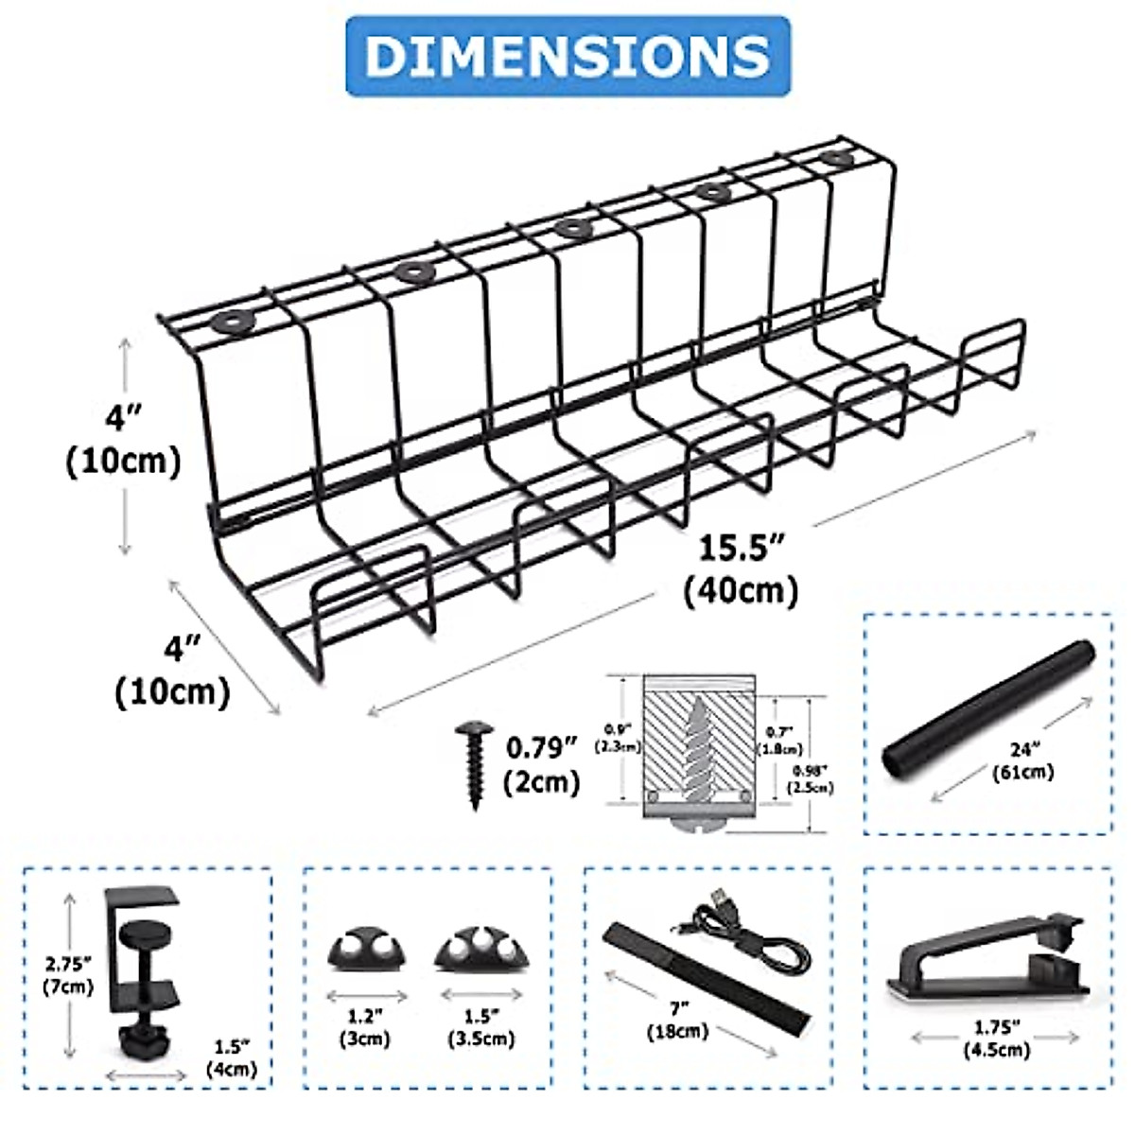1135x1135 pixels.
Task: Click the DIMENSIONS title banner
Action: pos(567,56)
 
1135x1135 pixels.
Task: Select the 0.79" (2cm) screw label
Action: pos(542,765)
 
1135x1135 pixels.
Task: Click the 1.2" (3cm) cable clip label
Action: pos(367,1027)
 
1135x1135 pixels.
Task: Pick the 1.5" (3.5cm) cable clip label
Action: pos(480,1027)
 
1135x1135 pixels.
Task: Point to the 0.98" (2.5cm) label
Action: pos(811,777)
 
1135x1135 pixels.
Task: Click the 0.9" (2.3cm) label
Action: pos(619,737)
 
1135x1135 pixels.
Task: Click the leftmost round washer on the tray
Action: pos(230,322)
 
